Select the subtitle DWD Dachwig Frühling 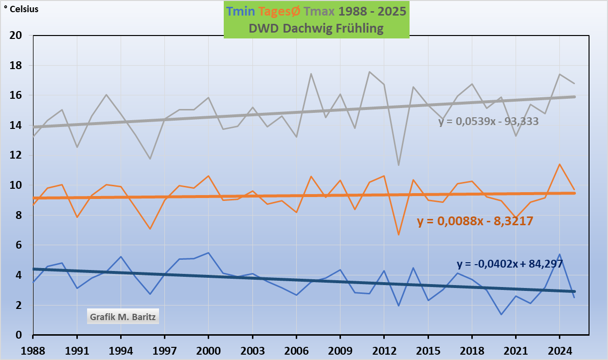[x=316, y=28]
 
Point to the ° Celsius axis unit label [x=21, y=9]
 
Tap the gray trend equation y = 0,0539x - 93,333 [x=488, y=122]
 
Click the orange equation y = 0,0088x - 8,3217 [x=475, y=221]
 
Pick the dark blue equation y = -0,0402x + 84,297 [x=509, y=264]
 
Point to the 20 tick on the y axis [x=16, y=36]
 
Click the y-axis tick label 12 [x=16, y=156]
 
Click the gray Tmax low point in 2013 [x=398, y=165]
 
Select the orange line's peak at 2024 [x=559, y=164]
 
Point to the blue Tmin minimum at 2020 [x=501, y=314]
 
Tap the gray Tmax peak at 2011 [x=369, y=72]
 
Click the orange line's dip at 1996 [x=150, y=229]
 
